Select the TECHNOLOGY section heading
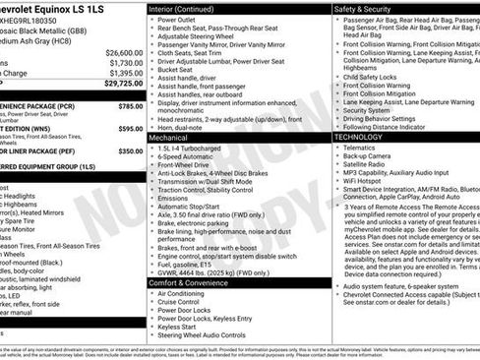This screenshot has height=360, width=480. (365, 137)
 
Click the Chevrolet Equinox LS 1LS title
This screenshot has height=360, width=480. (59, 9)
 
